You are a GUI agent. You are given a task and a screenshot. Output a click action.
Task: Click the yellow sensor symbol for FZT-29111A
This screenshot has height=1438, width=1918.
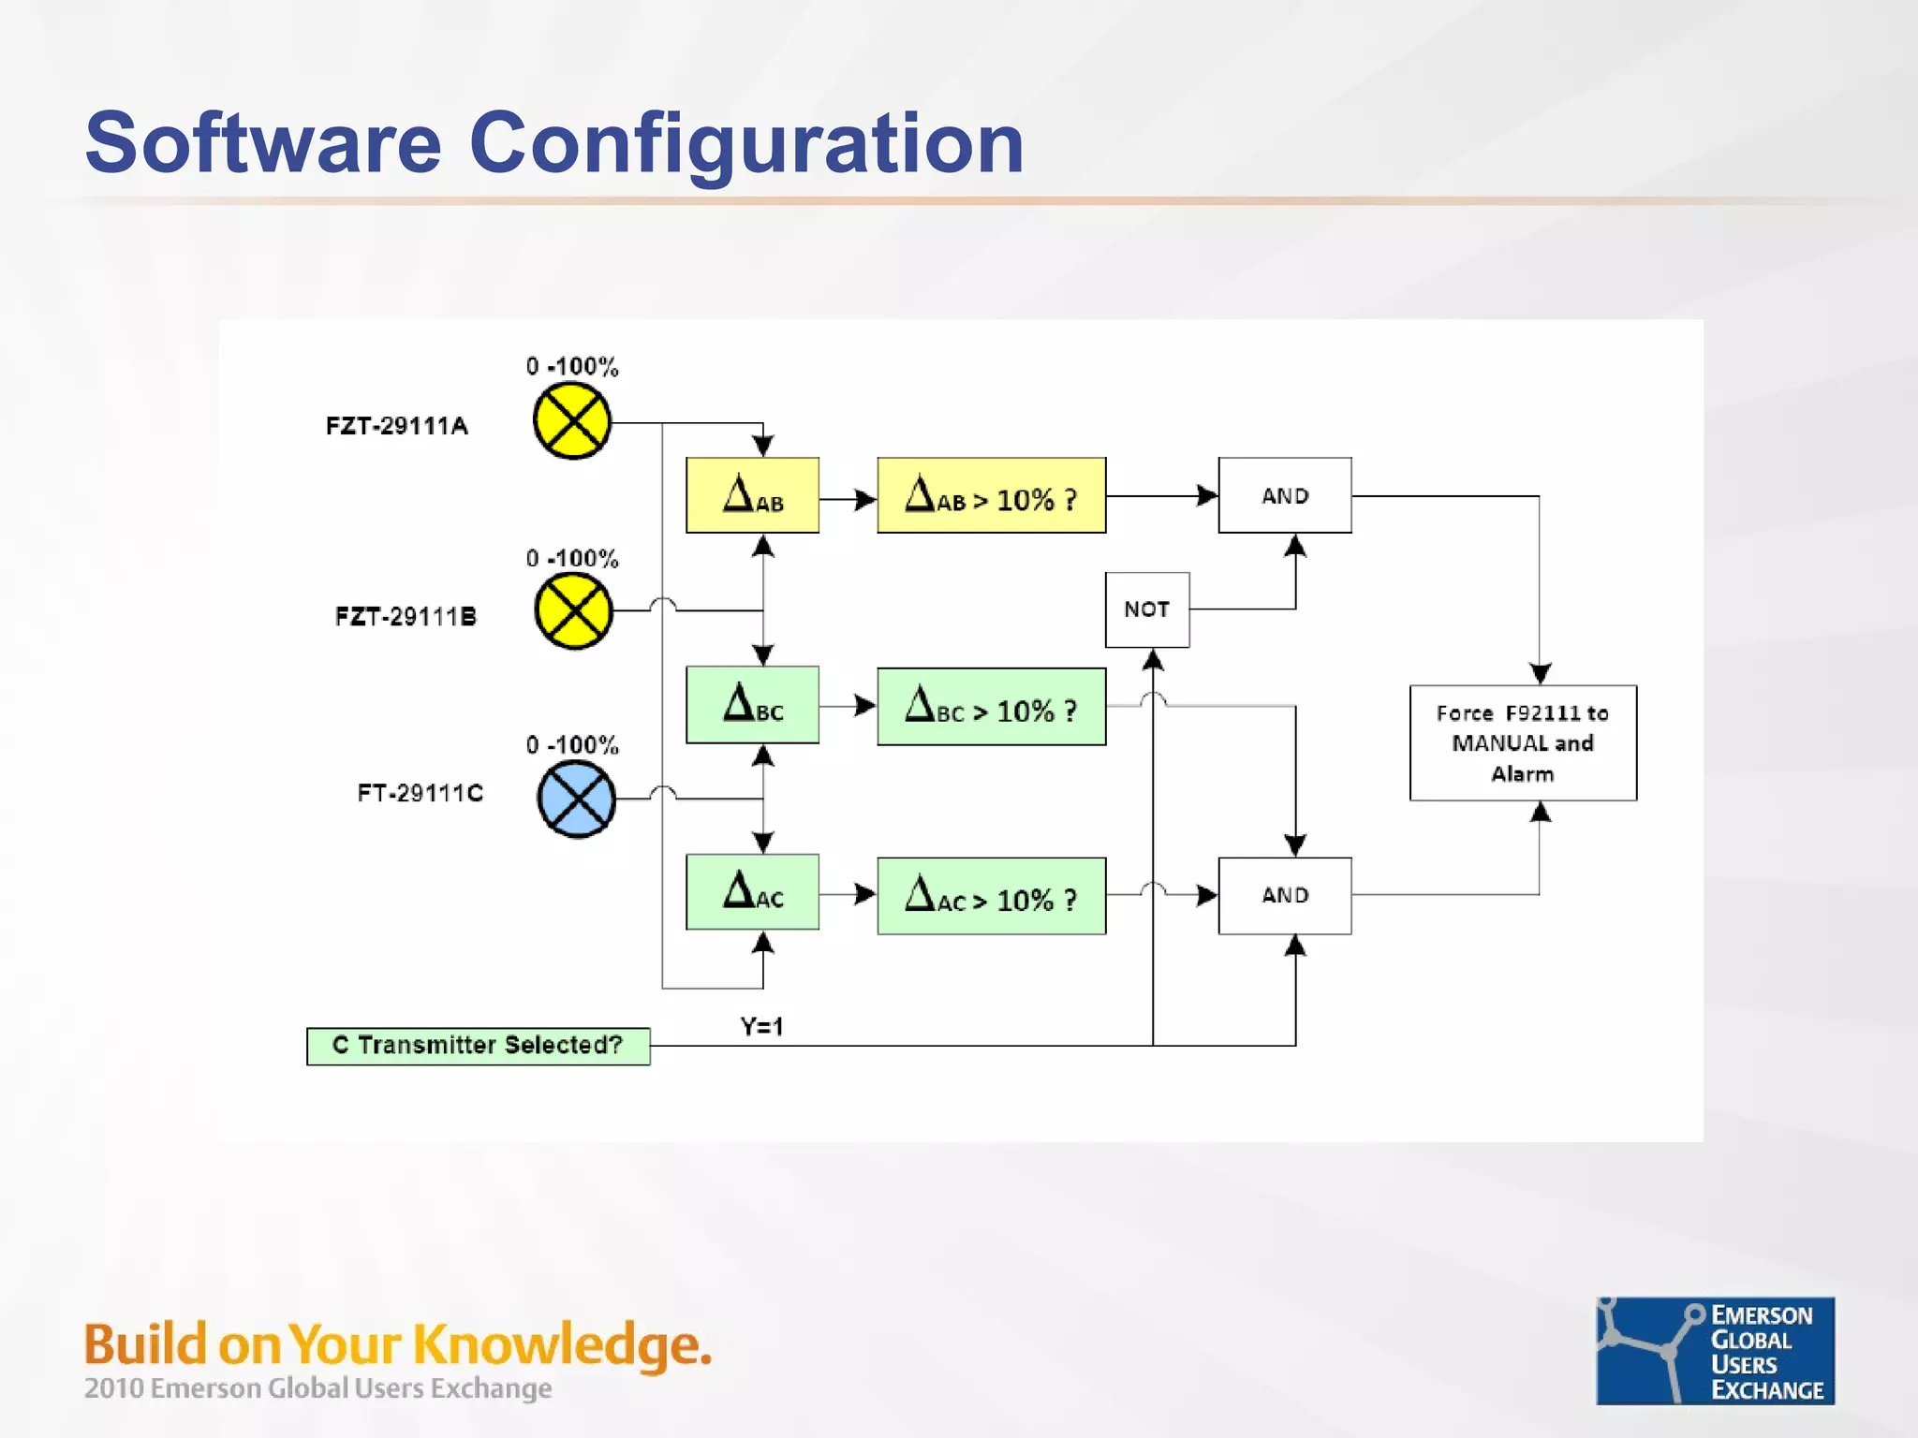click(571, 421)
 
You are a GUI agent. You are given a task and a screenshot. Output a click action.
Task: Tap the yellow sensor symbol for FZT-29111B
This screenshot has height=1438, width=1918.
click(573, 611)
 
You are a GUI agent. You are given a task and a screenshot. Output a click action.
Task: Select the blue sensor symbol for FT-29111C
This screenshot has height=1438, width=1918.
click(576, 799)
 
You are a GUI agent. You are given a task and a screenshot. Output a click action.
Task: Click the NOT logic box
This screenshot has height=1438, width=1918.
click(1146, 609)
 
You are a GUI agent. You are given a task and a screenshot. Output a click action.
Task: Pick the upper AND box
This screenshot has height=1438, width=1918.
click(1284, 495)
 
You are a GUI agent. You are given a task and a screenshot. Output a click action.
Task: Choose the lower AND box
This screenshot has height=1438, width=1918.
click(1284, 895)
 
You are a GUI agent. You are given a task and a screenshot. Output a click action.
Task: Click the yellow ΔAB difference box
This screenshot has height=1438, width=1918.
click(752, 495)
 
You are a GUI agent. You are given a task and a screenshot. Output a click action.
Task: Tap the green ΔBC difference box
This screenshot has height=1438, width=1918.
click(752, 705)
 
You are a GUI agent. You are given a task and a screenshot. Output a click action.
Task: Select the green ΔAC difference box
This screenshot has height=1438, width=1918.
click(752, 891)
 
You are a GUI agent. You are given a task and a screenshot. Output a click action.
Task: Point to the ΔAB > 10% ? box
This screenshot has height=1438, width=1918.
click(991, 495)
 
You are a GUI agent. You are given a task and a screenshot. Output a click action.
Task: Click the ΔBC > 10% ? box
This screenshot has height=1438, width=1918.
click(991, 707)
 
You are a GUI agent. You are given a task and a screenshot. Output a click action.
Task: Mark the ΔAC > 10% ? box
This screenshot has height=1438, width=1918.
click(991, 896)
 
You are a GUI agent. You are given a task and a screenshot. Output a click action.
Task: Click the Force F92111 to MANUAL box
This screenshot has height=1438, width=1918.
click(1523, 743)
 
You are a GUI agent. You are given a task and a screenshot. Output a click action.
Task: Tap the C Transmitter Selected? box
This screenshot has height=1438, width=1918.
click(478, 1046)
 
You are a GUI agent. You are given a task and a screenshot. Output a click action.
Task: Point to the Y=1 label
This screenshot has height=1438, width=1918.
click(761, 1027)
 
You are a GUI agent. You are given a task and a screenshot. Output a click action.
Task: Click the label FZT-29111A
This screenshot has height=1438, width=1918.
click(396, 426)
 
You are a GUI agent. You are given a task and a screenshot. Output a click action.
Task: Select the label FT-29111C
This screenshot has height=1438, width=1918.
click(420, 793)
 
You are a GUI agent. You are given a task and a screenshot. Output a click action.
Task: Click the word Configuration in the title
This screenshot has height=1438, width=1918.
click(745, 143)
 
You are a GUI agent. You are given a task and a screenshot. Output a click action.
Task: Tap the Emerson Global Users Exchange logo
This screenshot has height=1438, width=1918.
click(1715, 1350)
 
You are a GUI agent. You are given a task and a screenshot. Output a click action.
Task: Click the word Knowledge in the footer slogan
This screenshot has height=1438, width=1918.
click(562, 1344)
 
